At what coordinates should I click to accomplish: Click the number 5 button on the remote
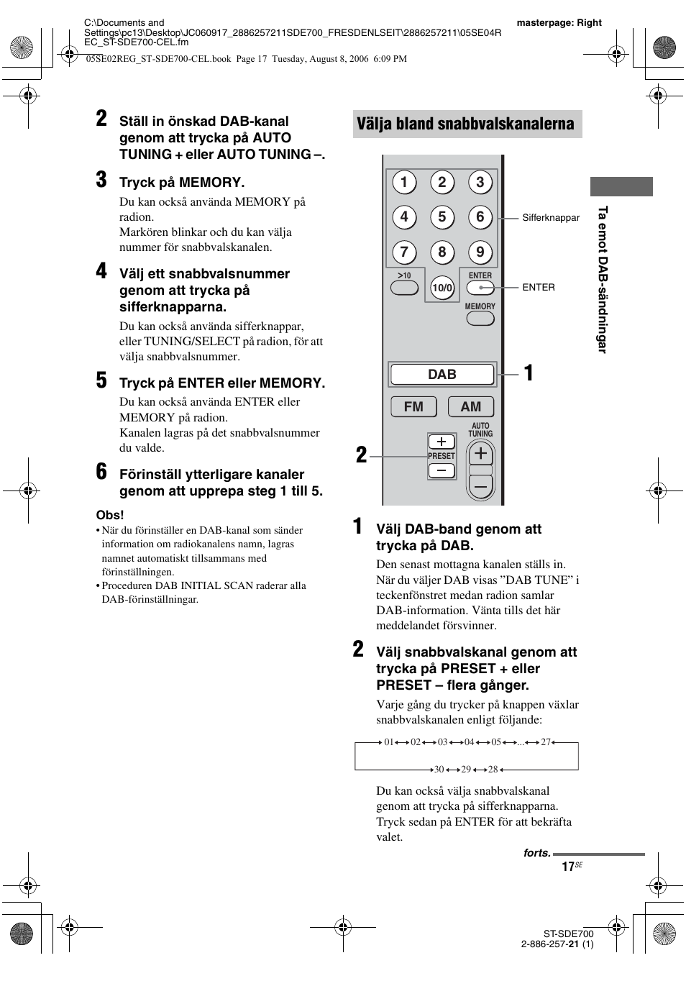tap(442, 217)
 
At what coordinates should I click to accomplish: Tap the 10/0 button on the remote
tap(442, 288)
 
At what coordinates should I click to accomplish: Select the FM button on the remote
tap(413, 406)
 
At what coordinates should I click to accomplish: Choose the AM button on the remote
tap(471, 406)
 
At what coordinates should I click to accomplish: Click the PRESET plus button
tap(442, 442)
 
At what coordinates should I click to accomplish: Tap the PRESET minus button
tap(442, 471)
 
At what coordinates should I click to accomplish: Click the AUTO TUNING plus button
tap(480, 454)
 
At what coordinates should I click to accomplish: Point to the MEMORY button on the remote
tap(480, 318)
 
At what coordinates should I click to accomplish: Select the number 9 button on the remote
tap(480, 252)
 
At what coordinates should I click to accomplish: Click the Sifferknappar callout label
tap(551, 218)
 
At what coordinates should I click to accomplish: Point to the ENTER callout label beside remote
tap(539, 287)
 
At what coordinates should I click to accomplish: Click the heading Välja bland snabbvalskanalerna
tap(466, 124)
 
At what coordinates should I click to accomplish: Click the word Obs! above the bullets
tap(110, 515)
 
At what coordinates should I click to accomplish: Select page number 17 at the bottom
tap(568, 867)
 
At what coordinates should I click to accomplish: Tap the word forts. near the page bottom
tap(536, 853)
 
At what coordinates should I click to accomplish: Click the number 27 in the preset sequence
tap(546, 742)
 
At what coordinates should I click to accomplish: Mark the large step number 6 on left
tap(102, 473)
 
